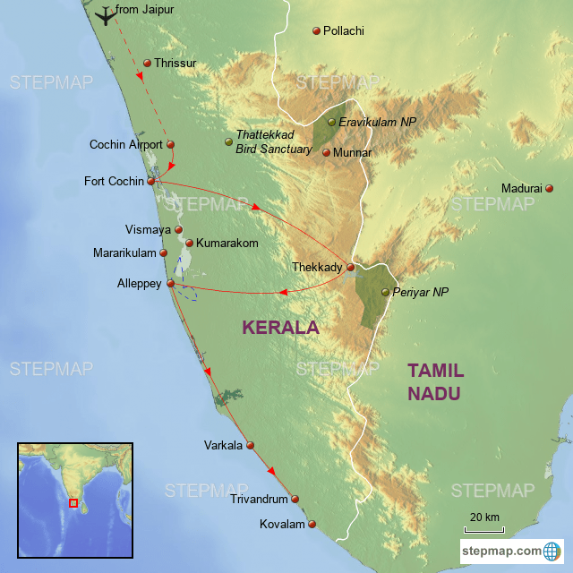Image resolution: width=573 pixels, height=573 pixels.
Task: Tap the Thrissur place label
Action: tap(175, 64)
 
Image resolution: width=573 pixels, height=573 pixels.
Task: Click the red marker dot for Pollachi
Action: tap(316, 31)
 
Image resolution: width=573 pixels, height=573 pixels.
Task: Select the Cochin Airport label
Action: tap(126, 144)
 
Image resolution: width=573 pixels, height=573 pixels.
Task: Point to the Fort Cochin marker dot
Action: tap(150, 182)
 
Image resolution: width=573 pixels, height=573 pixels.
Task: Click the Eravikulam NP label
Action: tap(372, 122)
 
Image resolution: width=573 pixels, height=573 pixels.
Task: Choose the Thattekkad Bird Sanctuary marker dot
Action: tap(227, 141)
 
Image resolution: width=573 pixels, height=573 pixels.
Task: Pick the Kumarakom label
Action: tap(227, 243)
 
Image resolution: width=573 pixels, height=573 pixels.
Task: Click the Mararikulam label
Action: tap(124, 253)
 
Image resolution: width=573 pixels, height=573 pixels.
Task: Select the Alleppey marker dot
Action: tap(170, 283)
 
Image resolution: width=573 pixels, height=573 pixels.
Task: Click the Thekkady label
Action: tap(318, 267)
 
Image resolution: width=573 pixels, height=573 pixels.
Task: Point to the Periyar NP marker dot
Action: tap(386, 292)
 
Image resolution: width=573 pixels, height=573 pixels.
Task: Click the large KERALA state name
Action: tap(280, 328)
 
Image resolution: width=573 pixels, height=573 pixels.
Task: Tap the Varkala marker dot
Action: tap(251, 445)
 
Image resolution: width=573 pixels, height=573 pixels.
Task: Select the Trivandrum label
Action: tap(258, 500)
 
